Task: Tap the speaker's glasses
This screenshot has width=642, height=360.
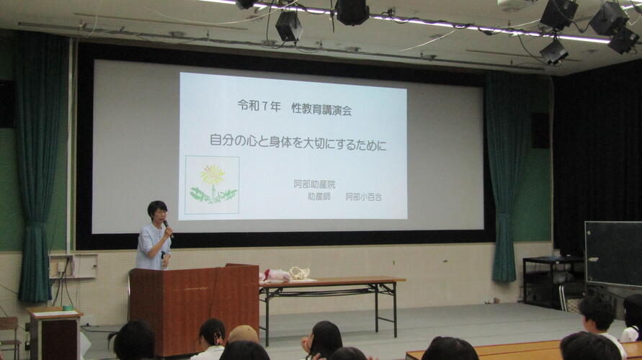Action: point(161,212)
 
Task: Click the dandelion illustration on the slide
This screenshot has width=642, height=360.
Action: point(212,185)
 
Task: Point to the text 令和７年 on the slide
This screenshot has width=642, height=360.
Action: point(259,107)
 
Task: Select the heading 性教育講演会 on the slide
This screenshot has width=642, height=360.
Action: point(321,109)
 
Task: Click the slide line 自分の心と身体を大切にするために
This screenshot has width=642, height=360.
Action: point(298,142)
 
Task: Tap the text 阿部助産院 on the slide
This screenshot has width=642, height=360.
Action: point(314,184)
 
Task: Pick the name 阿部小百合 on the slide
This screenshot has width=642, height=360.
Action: point(364,197)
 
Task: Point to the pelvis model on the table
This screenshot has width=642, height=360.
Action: point(299,273)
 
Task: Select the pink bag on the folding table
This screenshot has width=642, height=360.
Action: point(275,275)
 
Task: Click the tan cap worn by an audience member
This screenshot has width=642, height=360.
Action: point(244,333)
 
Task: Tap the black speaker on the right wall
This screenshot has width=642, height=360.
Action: point(540,130)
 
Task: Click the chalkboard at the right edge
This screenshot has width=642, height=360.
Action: point(613,254)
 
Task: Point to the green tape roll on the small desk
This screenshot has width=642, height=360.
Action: point(68,307)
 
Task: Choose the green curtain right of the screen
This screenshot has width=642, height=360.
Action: point(507,176)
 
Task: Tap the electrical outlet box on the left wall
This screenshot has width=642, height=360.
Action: point(73,266)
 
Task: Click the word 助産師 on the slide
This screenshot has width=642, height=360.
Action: point(319,197)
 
